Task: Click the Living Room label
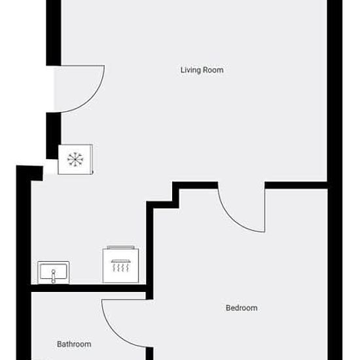point(202,70)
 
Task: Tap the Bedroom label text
point(242,308)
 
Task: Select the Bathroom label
point(74,344)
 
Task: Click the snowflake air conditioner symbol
point(75,159)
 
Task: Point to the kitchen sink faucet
point(54,276)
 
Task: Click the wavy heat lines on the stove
point(120,268)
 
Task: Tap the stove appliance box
point(120,265)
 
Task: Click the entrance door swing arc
point(92,100)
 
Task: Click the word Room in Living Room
point(213,70)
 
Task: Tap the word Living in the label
point(190,70)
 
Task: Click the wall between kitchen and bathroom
point(88,289)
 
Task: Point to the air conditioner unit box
point(75,159)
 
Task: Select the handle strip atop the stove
point(121,247)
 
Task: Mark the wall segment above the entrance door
point(54,33)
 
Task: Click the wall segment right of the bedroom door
point(296,185)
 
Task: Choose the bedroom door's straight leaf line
point(264,210)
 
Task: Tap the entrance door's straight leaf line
point(82,66)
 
